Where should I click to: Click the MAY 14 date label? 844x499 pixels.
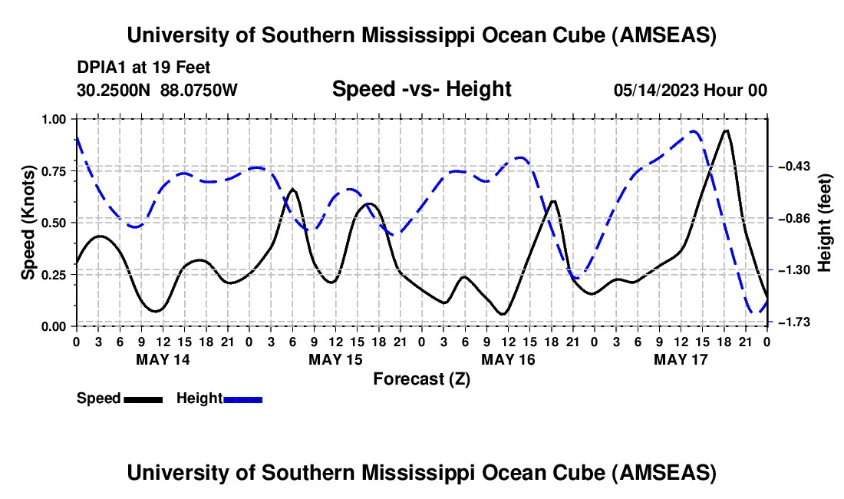point(163,359)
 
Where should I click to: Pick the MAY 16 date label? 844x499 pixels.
point(508,359)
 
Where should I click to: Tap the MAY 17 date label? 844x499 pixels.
point(681,359)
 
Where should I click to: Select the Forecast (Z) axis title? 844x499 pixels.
point(421,378)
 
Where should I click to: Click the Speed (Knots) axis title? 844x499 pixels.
point(28,222)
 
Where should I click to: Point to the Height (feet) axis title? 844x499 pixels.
point(824,222)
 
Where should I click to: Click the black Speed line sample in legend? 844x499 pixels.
point(143,399)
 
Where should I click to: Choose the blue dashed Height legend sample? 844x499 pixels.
point(242,399)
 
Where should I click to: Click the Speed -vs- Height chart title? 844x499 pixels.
point(421,90)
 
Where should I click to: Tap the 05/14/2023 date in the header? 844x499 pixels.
point(656,91)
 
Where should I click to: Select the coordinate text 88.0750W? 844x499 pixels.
point(199,91)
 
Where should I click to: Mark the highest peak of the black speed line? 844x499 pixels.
point(726,131)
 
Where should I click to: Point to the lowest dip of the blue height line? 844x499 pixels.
point(752,312)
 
